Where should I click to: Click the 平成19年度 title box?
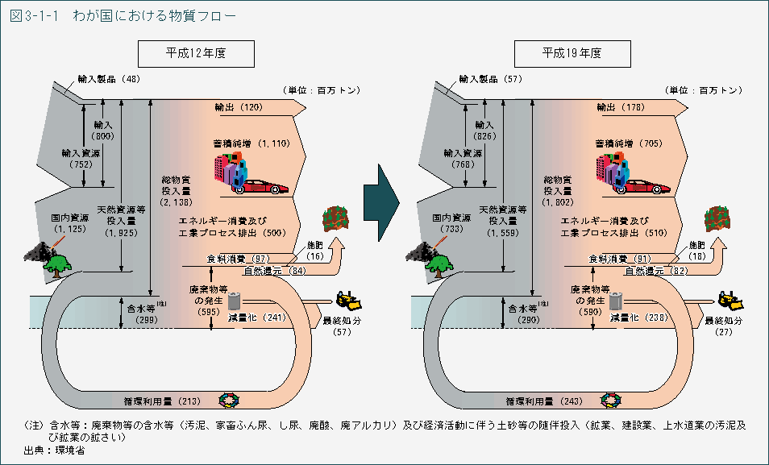point(571,54)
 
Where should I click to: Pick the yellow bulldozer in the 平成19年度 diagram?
point(731,301)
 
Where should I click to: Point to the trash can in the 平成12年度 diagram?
point(235,300)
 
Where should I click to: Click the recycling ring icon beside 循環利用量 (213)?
point(230,399)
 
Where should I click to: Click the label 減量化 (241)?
point(257,318)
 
